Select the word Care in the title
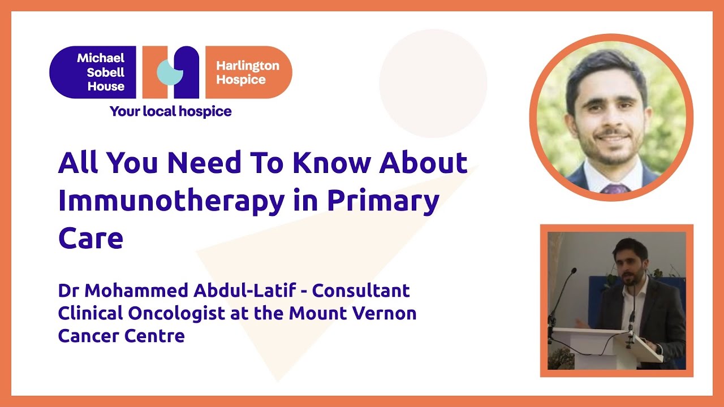click(90, 238)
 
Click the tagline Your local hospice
click(170, 111)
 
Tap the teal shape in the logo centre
click(169, 72)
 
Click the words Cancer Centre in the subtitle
click(121, 336)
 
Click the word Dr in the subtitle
click(68, 291)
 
